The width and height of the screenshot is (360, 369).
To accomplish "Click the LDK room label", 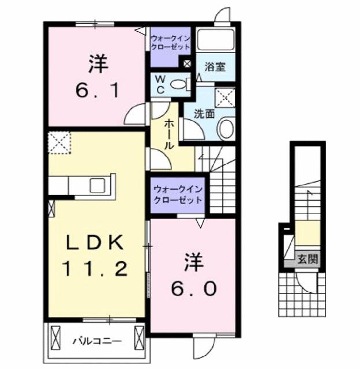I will point(96,243).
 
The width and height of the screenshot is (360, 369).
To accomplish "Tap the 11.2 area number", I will point(96,269).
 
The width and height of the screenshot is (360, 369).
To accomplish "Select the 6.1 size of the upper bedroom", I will point(98,90).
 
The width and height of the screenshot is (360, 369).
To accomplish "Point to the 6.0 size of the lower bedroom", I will point(193,288).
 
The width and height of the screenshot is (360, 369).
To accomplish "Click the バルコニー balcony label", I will point(96,340).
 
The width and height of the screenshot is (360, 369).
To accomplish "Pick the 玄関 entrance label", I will point(307,258).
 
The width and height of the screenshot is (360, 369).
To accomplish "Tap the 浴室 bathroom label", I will point(216,67).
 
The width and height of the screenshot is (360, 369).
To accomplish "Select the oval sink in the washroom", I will point(226,128).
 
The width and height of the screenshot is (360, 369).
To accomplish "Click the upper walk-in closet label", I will point(171,42).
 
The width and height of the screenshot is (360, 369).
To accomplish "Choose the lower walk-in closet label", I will point(177,195).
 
